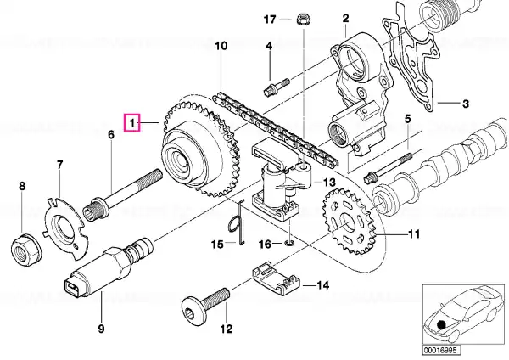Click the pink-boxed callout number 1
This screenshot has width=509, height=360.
pyautogui.click(x=132, y=123)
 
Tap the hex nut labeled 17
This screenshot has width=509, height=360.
pyautogui.click(x=304, y=20)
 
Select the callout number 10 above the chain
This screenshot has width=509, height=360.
pyautogui.click(x=221, y=46)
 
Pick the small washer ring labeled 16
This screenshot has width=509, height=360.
pyautogui.click(x=289, y=243)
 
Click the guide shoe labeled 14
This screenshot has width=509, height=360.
pyautogui.click(x=277, y=277)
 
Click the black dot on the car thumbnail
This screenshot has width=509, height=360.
pyautogui.click(x=441, y=324)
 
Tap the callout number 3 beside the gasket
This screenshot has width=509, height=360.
pyautogui.click(x=465, y=104)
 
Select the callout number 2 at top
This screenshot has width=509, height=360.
pyautogui.click(x=345, y=18)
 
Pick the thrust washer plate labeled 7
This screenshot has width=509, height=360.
pyautogui.click(x=65, y=228)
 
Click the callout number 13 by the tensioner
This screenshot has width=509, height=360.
pyautogui.click(x=329, y=183)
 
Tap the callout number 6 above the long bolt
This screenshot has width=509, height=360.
pyautogui.click(x=111, y=134)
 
